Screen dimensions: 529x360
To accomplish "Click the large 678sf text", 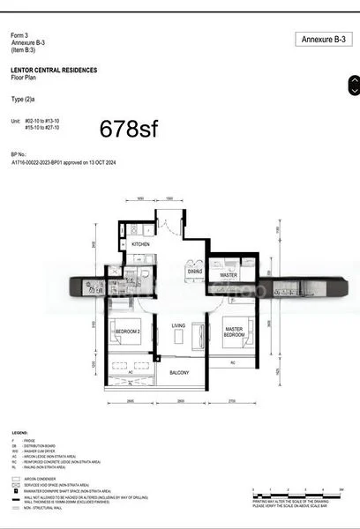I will [129, 129].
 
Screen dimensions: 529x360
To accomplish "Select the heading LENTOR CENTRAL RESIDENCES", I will [54, 70].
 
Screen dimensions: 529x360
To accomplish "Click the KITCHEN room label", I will [141, 243].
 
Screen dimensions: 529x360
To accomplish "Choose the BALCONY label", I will [179, 373].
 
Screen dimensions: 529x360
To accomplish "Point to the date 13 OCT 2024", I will [132, 163].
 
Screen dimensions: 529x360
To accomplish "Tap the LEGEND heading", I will [19, 434].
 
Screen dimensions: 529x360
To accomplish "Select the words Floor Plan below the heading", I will [25, 77].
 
